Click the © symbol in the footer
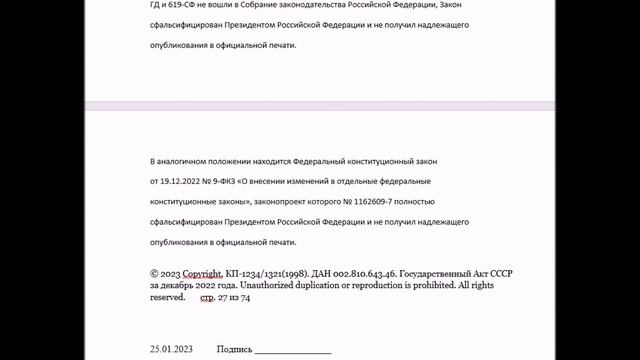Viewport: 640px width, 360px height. pyautogui.click(x=154, y=272)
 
